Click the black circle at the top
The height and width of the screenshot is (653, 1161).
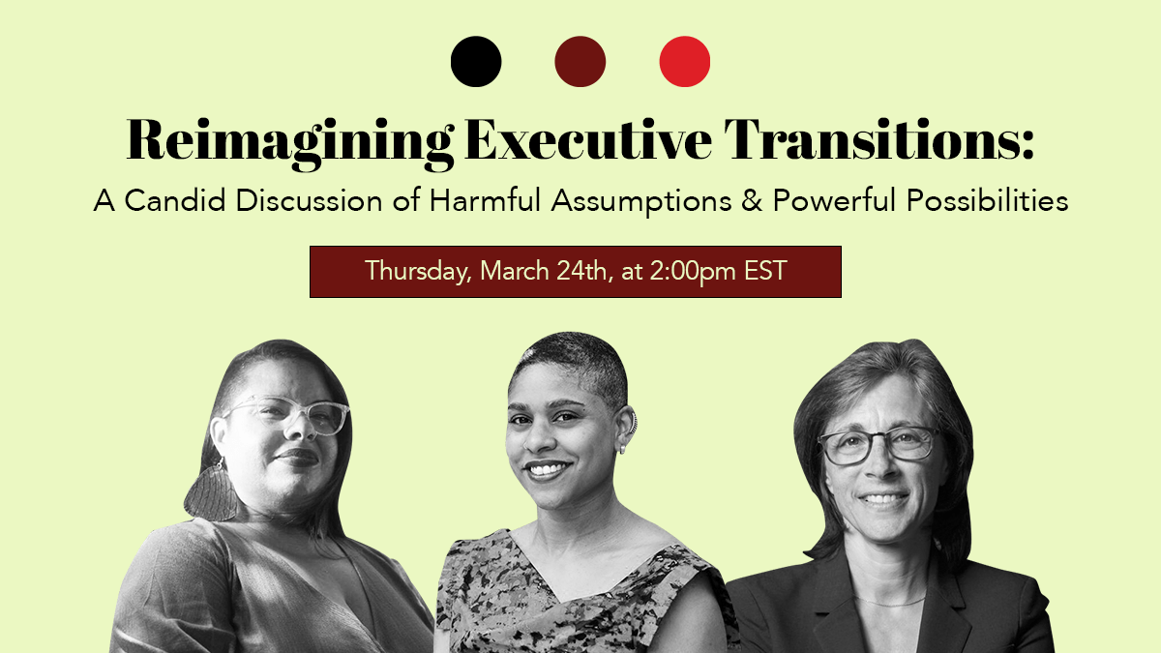point(476,61)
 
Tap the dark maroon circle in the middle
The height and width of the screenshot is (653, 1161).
point(580,61)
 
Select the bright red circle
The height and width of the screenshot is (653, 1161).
point(685,61)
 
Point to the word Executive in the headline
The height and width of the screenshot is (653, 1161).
point(588,139)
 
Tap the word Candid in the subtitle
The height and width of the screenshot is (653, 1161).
point(175,200)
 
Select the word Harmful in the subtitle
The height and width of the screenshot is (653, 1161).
point(485,199)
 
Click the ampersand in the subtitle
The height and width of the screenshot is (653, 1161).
point(752,200)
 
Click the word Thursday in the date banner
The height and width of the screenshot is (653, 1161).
point(418,271)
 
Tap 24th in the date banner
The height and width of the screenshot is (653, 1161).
point(581,271)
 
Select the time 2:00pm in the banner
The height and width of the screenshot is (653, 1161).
point(692,271)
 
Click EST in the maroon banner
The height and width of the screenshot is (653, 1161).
point(765,271)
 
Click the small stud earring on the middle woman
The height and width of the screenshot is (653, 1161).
point(622,448)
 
